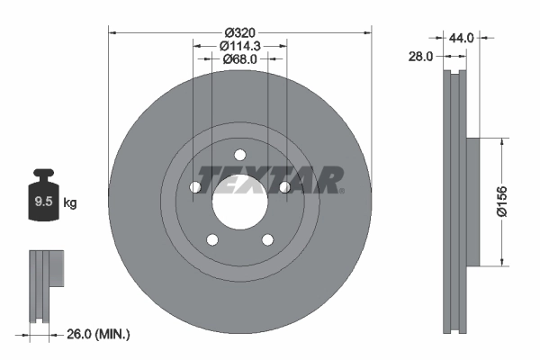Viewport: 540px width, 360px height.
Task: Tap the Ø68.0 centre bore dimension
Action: [240, 59]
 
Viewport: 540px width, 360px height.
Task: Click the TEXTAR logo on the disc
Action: [270, 179]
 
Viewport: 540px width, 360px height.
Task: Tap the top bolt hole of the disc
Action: [239, 154]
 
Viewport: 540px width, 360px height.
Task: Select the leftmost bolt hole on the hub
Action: [195, 187]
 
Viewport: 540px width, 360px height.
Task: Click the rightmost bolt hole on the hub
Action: [284, 187]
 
